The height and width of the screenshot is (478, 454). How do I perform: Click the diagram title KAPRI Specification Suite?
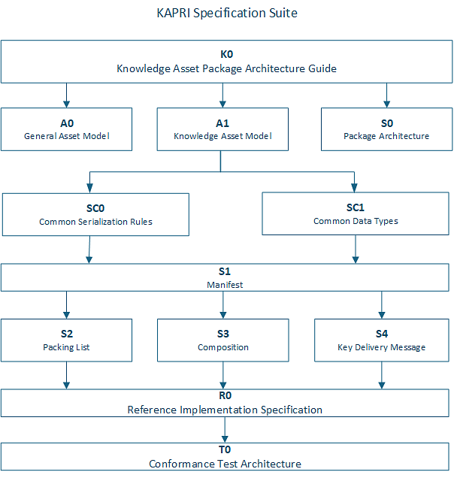(x=227, y=13)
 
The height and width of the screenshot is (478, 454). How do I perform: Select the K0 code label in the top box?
(x=226, y=54)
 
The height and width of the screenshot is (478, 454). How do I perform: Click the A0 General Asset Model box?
(x=66, y=129)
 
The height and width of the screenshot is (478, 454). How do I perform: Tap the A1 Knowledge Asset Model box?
(x=222, y=129)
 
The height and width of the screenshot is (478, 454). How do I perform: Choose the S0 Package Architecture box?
(x=386, y=129)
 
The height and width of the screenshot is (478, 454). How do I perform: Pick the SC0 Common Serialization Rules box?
(x=95, y=215)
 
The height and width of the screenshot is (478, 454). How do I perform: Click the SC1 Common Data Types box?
(x=356, y=213)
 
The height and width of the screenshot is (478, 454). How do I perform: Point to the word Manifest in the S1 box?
(x=225, y=285)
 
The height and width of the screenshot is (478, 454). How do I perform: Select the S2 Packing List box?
(x=66, y=340)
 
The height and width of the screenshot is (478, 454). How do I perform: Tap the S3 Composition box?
(x=223, y=340)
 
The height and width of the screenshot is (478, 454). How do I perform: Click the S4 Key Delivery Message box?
(x=382, y=340)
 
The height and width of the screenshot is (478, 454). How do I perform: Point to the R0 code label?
(x=225, y=395)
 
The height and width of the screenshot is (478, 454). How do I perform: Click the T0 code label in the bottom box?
(x=225, y=449)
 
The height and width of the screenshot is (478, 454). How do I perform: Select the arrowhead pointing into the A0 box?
(x=66, y=104)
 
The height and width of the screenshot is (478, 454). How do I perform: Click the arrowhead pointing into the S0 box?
(x=386, y=104)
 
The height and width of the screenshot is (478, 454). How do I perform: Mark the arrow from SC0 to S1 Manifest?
(x=89, y=250)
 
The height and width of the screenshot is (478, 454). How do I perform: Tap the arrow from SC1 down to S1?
(x=356, y=250)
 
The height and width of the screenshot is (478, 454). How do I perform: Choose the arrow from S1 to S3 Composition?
(x=223, y=305)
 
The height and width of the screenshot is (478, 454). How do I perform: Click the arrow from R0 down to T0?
(x=225, y=430)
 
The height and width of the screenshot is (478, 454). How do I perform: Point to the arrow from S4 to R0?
(x=382, y=376)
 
